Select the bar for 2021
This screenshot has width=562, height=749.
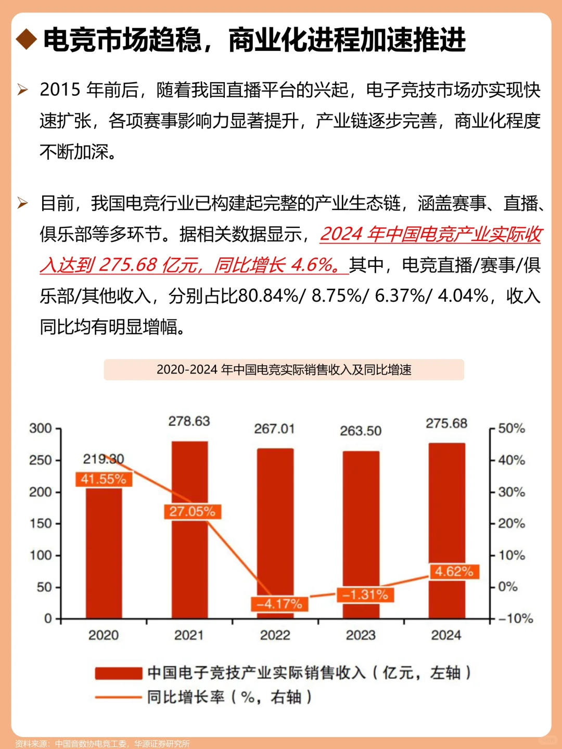pos(189,562)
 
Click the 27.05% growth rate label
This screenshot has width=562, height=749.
pos(192,511)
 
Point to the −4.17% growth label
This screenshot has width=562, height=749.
pos(279,604)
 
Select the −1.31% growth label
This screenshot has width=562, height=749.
pos(365,595)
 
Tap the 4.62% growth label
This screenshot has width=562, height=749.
pos(454,572)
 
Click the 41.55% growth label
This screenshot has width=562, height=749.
pos(104,479)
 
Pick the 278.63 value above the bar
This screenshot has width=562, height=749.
pos(189,421)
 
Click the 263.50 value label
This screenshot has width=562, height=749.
pos(361,431)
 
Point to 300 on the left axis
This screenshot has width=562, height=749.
pos(41,429)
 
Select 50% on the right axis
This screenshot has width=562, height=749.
pos(512,429)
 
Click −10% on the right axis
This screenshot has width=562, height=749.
pos(515,618)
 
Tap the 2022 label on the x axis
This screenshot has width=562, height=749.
pos(275,635)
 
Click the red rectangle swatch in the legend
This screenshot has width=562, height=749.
pos(119,674)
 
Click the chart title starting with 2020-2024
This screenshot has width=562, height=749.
pos(284,370)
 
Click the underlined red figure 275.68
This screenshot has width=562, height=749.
pos(127,265)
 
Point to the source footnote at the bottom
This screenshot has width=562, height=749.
pos(103,744)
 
